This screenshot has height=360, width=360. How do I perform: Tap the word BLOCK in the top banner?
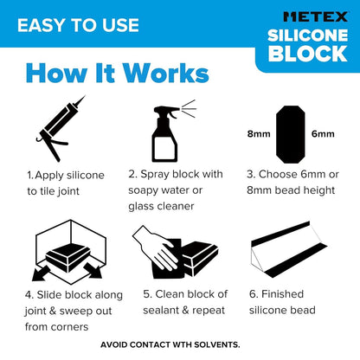click(x=307, y=55)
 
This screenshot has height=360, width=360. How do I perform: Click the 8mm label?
click(x=259, y=134)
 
